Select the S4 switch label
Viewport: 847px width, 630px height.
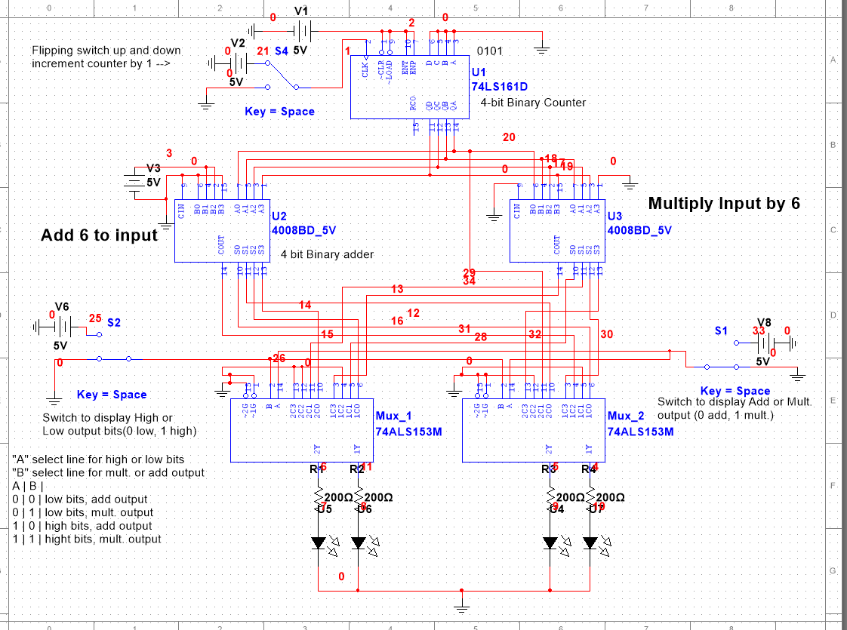pos(281,51)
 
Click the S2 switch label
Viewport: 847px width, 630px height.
pos(114,322)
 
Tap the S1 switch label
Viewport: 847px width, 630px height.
pos(722,331)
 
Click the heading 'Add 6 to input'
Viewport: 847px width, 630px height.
pos(99,235)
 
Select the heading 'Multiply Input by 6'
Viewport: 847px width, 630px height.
pos(723,203)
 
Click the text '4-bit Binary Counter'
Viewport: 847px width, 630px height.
pos(533,103)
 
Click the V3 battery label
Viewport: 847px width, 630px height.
pos(153,167)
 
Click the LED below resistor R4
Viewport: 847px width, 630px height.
pos(590,542)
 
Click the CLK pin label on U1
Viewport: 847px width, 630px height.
pos(365,69)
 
